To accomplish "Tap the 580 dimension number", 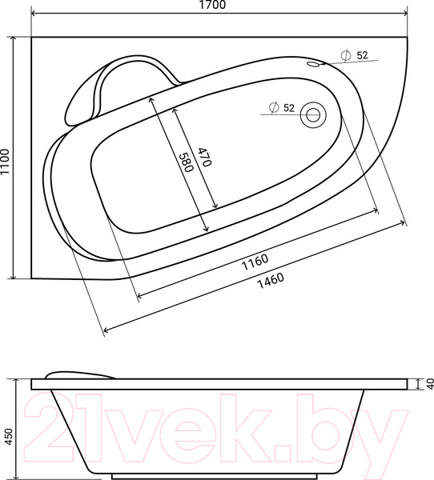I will [186, 163].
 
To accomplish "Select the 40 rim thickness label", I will [428, 385].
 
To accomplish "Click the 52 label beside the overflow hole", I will [361, 55].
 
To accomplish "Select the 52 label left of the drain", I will [289, 107].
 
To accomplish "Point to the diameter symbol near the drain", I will [274, 107].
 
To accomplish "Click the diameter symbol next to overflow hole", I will [345, 55].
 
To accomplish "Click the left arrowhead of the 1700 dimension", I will [34, 14].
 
